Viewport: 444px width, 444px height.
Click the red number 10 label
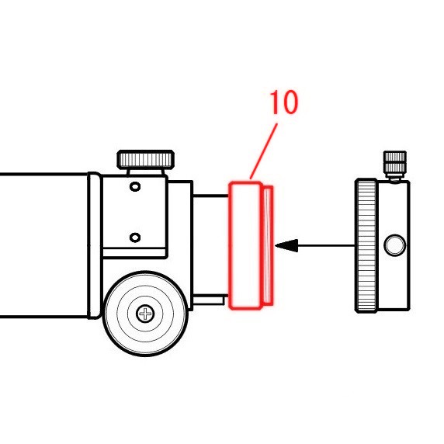tap(284, 102)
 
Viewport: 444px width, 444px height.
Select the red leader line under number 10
tap(264, 151)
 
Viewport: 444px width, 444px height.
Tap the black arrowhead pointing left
tap(286, 245)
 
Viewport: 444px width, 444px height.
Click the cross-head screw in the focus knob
tap(145, 314)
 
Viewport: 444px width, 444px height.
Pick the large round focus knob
tap(145, 314)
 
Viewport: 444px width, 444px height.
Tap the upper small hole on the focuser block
tap(135, 186)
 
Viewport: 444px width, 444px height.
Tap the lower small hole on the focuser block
tap(135, 238)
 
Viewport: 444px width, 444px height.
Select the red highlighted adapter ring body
tap(245, 245)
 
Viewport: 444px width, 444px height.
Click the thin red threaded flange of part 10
tap(268, 245)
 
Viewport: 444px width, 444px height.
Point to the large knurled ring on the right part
tap(366, 245)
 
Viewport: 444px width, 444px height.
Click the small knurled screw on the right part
tap(395, 165)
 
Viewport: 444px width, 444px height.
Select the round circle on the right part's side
tap(395, 245)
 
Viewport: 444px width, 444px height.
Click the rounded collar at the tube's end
tap(94, 245)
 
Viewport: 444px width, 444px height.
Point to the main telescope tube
tap(44, 245)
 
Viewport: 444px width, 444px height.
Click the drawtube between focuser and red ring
tap(211, 245)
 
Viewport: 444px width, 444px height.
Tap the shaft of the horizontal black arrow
tap(326, 245)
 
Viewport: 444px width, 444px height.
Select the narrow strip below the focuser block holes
tap(134, 253)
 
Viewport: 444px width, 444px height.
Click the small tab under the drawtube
tap(210, 300)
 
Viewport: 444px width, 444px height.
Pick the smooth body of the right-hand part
tap(393, 245)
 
